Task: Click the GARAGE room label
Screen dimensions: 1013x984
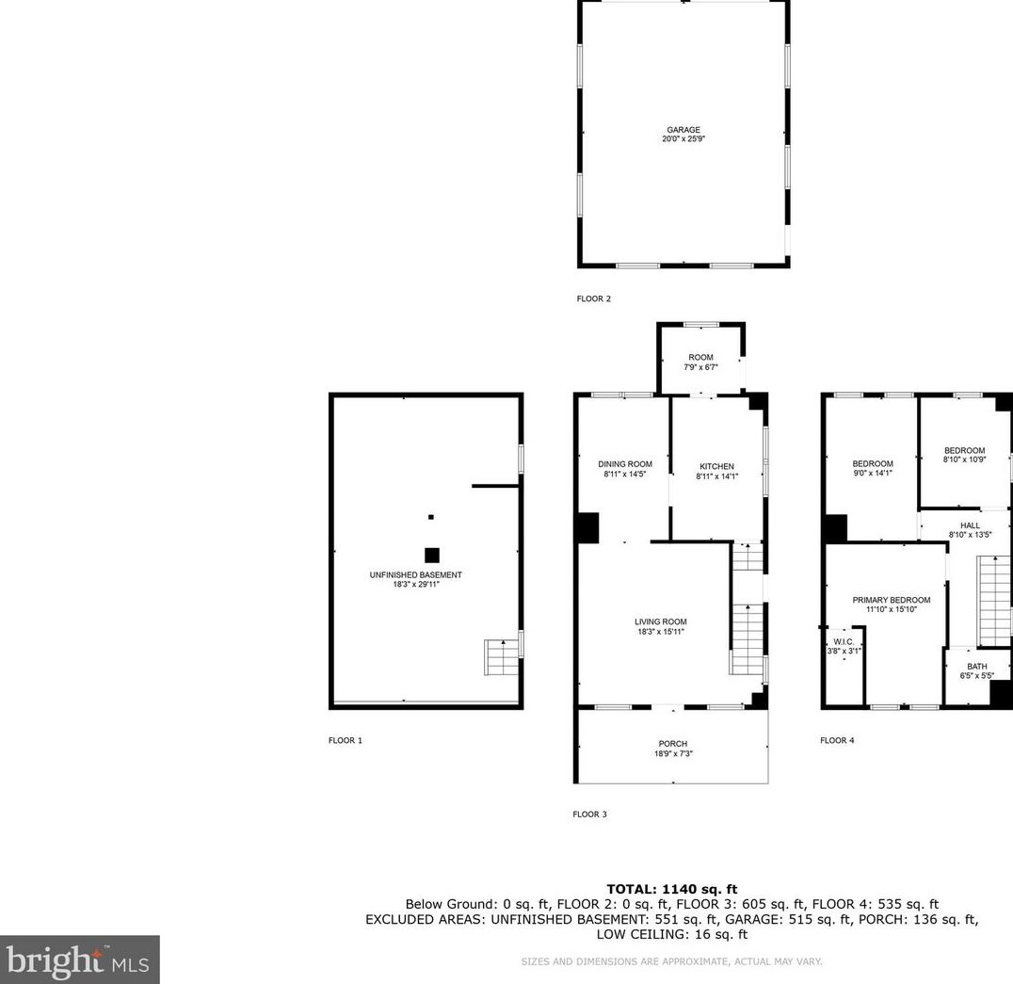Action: click(683, 130)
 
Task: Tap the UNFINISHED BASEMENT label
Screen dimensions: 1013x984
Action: click(415, 575)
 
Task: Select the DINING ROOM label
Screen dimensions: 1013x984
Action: click(625, 464)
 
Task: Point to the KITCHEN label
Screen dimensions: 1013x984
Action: click(716, 466)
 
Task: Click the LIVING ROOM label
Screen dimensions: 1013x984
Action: click(660, 622)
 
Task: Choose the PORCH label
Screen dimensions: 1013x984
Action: click(672, 744)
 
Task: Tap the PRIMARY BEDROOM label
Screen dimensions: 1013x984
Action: click(891, 600)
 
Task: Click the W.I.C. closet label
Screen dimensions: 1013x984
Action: click(844, 641)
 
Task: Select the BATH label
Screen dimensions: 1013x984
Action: click(977, 667)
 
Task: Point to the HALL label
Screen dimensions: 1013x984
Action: click(970, 526)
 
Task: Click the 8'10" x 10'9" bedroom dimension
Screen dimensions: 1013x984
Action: click(965, 460)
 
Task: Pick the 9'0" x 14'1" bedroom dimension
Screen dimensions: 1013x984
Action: click(872, 473)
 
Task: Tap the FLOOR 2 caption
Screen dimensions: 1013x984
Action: click(594, 299)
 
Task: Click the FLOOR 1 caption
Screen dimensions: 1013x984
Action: click(346, 740)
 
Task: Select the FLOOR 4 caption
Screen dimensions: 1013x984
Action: click(837, 740)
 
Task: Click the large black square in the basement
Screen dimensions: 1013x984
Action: click(431, 555)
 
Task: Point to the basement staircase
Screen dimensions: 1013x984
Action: click(502, 657)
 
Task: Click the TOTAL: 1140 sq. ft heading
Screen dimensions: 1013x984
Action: click(672, 889)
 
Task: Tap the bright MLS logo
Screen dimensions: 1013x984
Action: click(79, 960)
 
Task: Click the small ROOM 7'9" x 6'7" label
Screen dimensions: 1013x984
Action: click(701, 362)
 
